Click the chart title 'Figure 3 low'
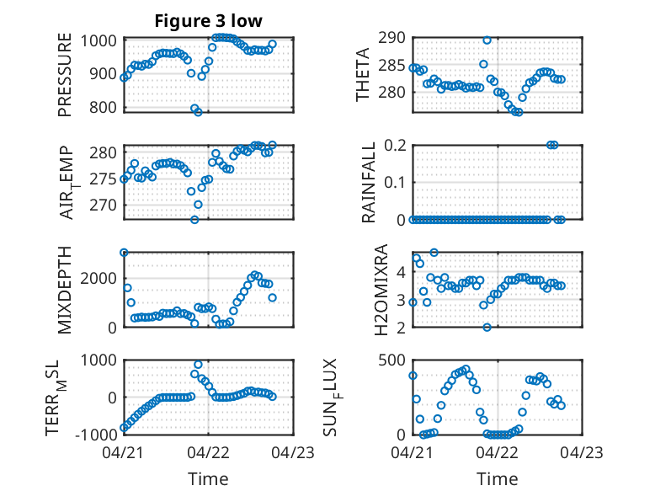pos(208,21)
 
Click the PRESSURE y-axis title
pos(65,75)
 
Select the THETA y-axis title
pos(363,75)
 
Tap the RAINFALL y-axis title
pos(368,182)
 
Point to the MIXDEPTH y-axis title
pos(65,290)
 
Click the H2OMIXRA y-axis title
pos(381,290)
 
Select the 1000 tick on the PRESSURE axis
pos(99,41)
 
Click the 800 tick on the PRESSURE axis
pos(103,108)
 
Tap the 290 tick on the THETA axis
pos(391,38)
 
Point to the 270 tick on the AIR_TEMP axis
pos(103,205)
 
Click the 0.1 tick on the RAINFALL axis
pos(395,182)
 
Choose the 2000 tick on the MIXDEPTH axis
pos(99,278)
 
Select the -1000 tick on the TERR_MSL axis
pos(96,435)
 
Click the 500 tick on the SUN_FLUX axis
pos(391,360)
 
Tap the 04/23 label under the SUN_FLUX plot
pos(582,452)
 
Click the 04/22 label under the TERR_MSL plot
pos(209,452)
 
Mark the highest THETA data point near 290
pos(487,40)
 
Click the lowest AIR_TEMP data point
pos(194,219)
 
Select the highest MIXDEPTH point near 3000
pos(124,253)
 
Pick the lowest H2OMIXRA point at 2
pos(487,328)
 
